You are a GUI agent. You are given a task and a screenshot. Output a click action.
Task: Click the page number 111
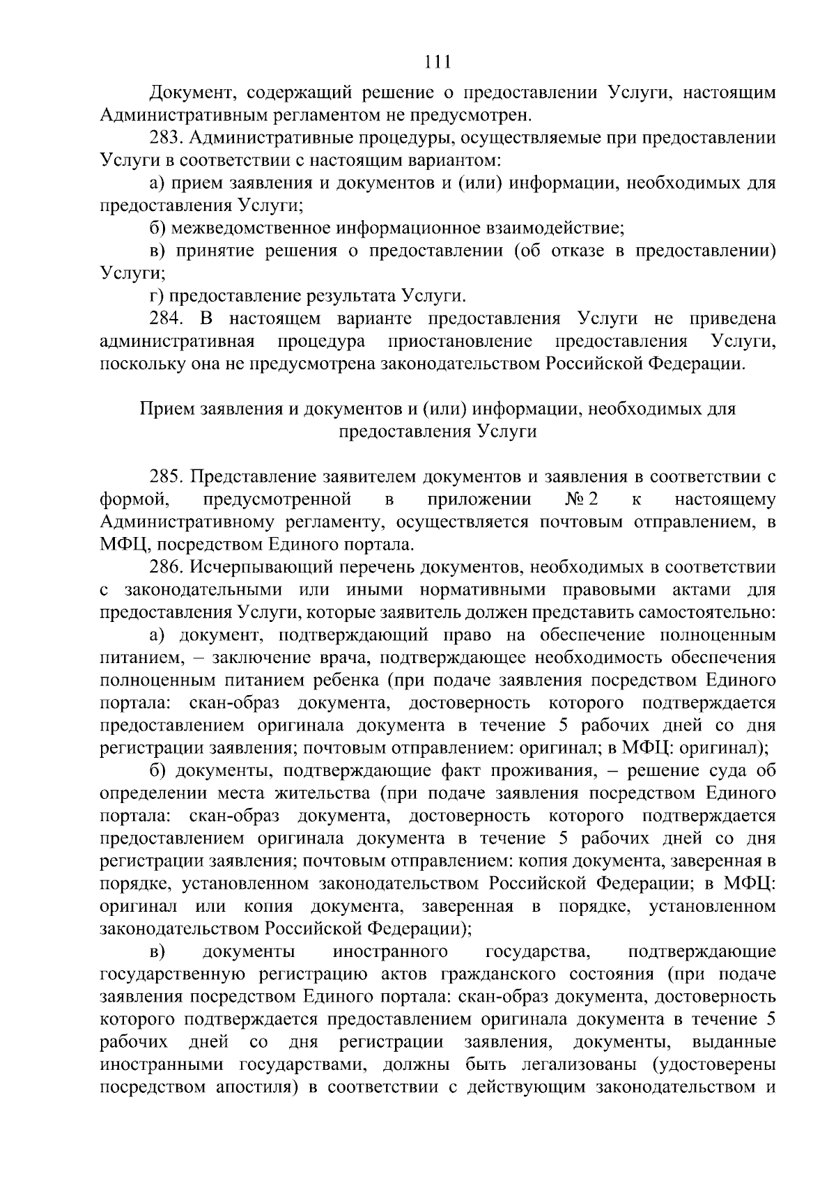pyautogui.click(x=438, y=63)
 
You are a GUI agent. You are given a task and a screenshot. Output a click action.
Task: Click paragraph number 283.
pyautogui.click(x=166, y=138)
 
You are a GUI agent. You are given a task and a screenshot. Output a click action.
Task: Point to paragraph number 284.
pyautogui.click(x=166, y=319)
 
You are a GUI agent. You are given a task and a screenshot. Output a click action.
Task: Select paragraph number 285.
pyautogui.click(x=166, y=477)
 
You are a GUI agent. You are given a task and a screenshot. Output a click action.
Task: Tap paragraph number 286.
pyautogui.click(x=166, y=568)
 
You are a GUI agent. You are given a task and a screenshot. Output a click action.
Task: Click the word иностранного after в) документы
pyautogui.click(x=390, y=951)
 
